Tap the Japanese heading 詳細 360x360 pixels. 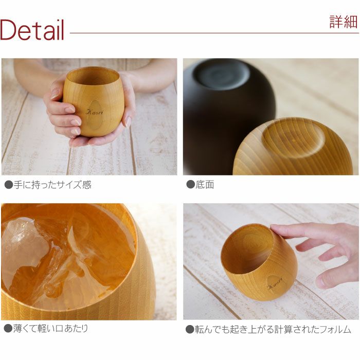point(343,22)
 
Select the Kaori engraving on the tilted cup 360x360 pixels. point(275,282)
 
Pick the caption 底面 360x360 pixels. point(204,185)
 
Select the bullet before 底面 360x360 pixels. point(190,185)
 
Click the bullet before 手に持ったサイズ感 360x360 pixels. point(8,185)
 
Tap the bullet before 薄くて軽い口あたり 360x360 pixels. point(8,328)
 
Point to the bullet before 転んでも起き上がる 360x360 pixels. point(190,329)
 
